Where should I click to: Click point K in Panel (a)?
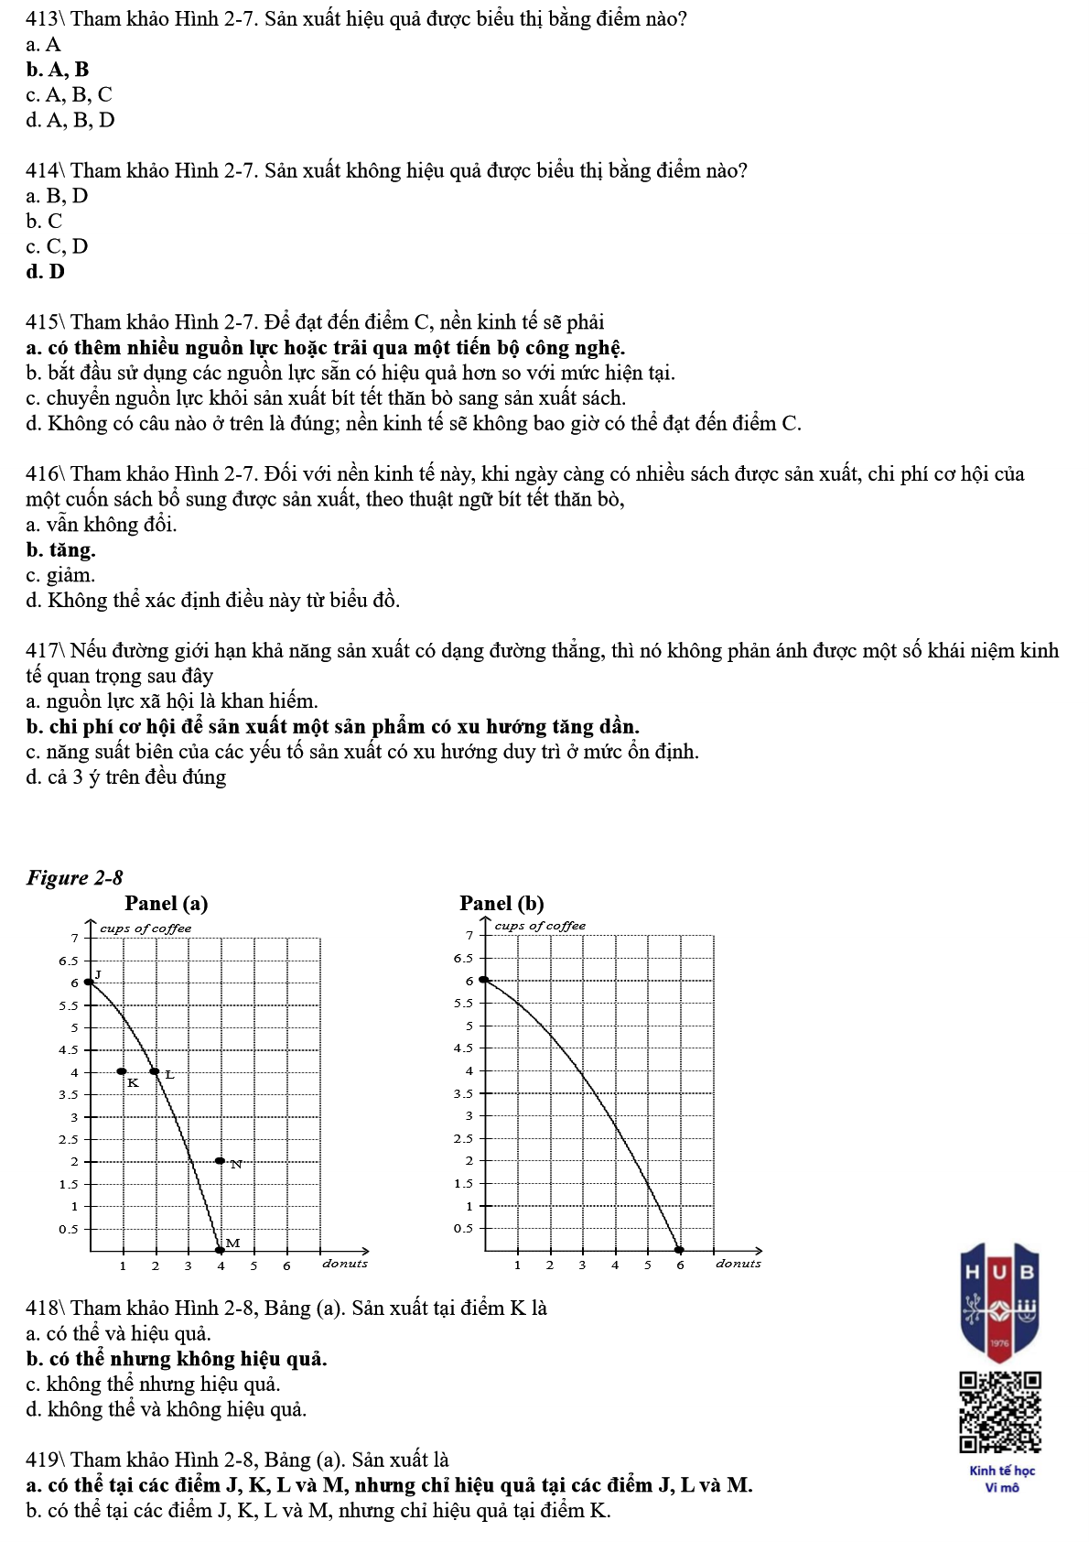tap(122, 1071)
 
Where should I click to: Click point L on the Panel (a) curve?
tap(155, 1071)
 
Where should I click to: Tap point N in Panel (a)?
tap(220, 1161)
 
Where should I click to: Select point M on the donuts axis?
tap(220, 1250)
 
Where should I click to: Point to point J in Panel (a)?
tap(89, 982)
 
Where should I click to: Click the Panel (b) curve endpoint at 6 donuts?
tap(679, 1250)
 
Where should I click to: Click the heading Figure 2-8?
tap(75, 878)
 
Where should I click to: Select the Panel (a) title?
tap(167, 904)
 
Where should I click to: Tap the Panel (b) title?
tap(501, 904)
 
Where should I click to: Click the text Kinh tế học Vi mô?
tap(1002, 1479)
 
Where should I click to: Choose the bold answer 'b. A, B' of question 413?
tap(58, 70)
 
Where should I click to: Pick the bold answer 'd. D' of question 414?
tap(46, 272)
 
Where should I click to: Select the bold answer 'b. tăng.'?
tap(60, 550)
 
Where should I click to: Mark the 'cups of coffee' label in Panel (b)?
tap(540, 926)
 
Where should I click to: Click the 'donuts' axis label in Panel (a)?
tap(345, 1264)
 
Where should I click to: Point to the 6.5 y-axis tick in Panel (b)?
tap(463, 959)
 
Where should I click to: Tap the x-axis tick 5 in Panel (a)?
tap(253, 1266)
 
